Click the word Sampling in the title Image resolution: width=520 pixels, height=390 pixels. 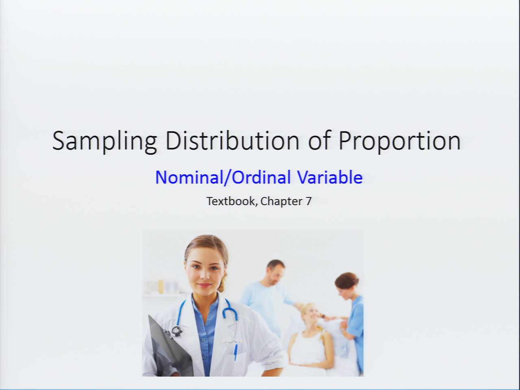[x=104, y=142]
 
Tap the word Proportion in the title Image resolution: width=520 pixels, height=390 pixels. [x=400, y=142]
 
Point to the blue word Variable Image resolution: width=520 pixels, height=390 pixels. [x=330, y=177]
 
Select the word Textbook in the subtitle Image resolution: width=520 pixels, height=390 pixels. [x=232, y=201]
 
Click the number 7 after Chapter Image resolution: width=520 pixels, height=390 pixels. [x=308, y=201]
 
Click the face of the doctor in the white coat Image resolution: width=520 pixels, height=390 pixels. [x=205, y=272]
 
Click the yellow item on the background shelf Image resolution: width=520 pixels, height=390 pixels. [x=161, y=286]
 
